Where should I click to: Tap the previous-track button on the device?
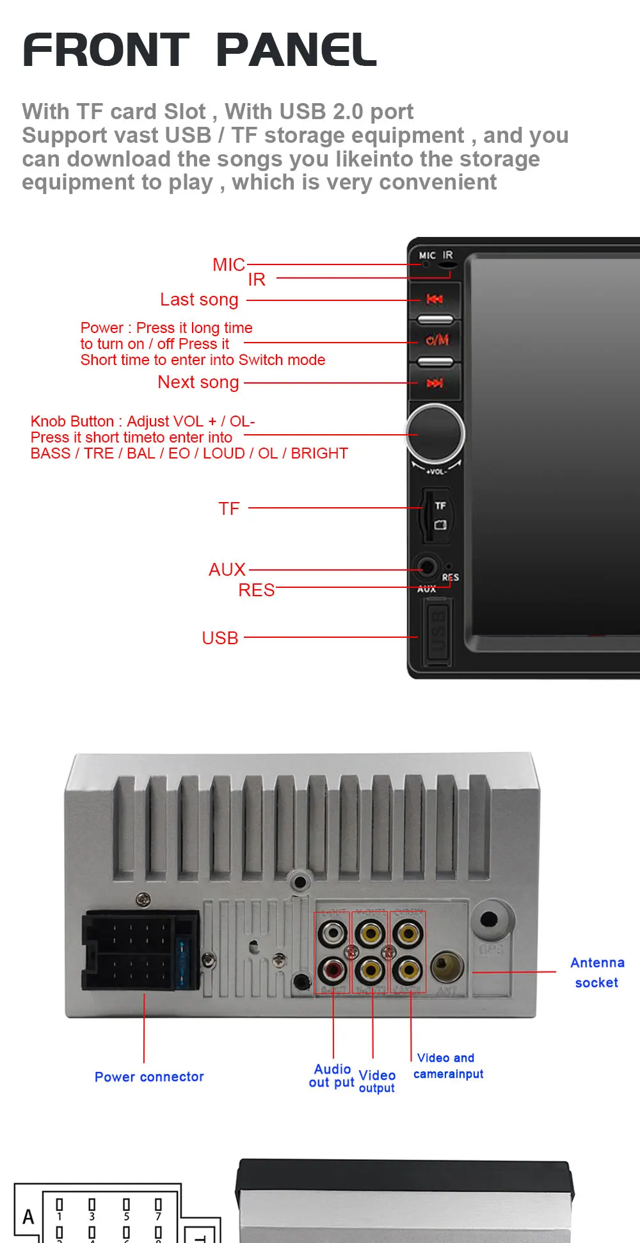tap(435, 299)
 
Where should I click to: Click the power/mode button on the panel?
tap(436, 340)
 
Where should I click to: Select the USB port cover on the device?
tap(436, 633)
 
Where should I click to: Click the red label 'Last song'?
tap(199, 300)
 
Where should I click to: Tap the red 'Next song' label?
tap(198, 382)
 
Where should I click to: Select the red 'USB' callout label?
tap(220, 638)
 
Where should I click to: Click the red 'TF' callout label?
tap(228, 508)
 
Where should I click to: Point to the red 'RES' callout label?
tap(256, 590)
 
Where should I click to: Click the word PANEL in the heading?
tap(296, 51)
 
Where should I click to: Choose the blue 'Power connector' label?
tap(149, 1076)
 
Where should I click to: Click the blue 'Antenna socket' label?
tap(597, 972)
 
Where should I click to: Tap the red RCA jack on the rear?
tap(332, 970)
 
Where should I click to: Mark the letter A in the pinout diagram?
tap(28, 1217)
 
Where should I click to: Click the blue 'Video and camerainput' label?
tap(448, 1066)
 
